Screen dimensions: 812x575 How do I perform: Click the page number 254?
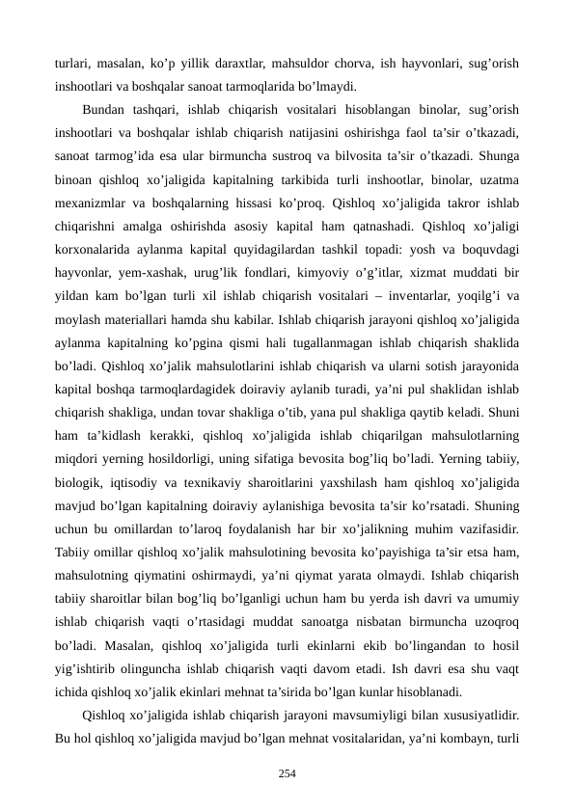287,772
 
